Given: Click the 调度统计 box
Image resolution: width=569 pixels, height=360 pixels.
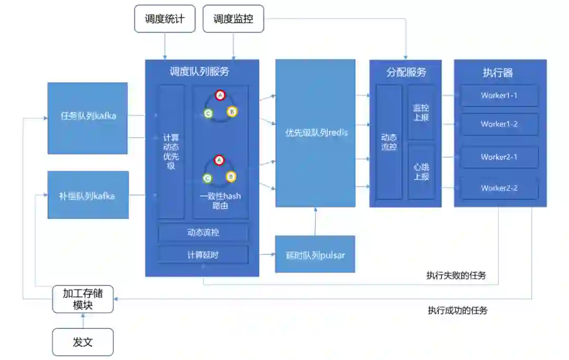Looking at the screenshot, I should pos(165,19).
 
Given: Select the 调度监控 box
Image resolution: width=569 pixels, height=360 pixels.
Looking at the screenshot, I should pos(233,19).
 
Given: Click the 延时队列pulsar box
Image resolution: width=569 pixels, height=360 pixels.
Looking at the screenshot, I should pos(315,255).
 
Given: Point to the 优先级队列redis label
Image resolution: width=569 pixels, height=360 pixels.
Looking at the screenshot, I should pos(316,133).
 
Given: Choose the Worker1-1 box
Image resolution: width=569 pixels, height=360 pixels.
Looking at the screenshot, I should pos(499,96).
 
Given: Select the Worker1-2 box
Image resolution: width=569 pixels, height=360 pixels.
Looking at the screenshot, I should pos(499,124).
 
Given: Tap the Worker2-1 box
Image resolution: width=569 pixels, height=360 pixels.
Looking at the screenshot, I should pos(499,157).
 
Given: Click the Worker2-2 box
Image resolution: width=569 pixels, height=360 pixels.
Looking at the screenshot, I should pos(499,188).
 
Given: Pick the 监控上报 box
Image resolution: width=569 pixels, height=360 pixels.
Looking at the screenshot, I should pos(421,113).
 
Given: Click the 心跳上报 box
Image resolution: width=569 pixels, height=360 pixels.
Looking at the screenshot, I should pos(421,172).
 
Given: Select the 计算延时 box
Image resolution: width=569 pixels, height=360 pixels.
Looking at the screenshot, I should pos(203,255).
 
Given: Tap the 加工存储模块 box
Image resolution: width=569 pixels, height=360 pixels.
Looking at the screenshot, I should pos(83,299).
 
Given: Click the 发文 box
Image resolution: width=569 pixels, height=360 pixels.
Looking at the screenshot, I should pos(83,342).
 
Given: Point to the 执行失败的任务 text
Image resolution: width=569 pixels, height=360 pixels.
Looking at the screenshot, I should pos(456,276).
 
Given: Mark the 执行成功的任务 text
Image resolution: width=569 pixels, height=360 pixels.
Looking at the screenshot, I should pos(458,310).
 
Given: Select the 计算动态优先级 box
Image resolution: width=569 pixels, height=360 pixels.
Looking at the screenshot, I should pos(171,152).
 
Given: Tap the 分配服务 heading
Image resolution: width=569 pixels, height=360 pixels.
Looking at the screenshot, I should pos(406,73).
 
